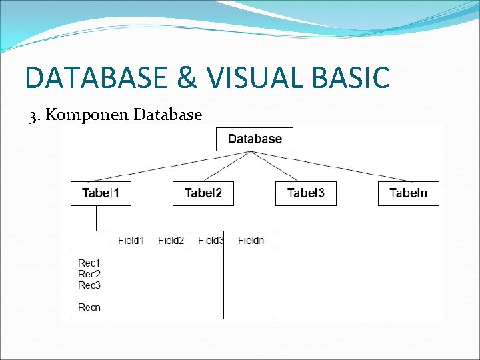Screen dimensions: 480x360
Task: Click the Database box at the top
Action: [x=255, y=139]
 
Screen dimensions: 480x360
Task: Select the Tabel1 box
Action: [x=101, y=193]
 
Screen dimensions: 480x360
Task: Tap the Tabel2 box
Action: [x=203, y=193]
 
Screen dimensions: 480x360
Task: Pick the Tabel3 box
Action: [x=306, y=193]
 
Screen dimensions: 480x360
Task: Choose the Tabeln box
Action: [x=409, y=193]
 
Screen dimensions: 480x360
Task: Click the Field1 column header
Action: [x=131, y=240]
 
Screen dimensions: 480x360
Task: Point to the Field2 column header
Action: [x=171, y=240]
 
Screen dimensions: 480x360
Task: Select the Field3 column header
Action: [x=211, y=240]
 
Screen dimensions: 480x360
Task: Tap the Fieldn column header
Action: [x=251, y=240]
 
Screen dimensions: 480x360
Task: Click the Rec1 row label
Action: [x=89, y=263]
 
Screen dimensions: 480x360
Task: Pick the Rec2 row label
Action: [x=89, y=274]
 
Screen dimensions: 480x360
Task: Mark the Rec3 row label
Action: [x=89, y=285]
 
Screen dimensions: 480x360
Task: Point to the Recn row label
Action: [x=89, y=307]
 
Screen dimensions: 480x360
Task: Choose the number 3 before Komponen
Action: [x=33, y=116]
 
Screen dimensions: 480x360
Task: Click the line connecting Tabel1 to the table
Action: [x=96, y=218]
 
